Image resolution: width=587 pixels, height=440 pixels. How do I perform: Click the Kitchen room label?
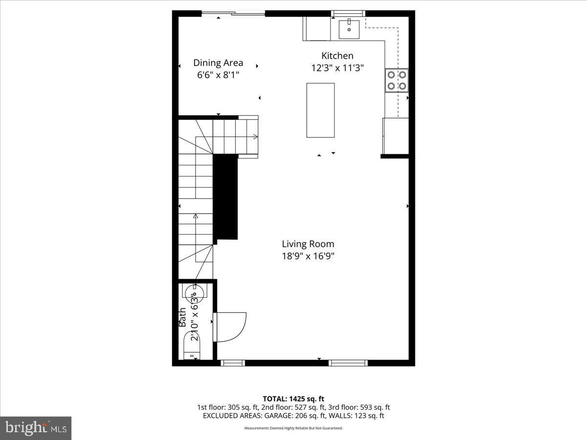click(x=337, y=56)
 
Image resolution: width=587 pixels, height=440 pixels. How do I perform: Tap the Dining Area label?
click(x=218, y=63)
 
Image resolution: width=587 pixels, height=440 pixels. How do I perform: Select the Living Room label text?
click(x=308, y=243)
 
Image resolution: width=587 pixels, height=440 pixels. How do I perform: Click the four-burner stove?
click(x=396, y=81)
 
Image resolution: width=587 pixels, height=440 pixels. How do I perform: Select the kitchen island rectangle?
click(x=320, y=110)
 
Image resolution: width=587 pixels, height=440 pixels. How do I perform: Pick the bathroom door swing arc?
click(x=231, y=326)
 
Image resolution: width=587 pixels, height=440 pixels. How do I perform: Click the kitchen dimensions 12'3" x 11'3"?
click(x=337, y=68)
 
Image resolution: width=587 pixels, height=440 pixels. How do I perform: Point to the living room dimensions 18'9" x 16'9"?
click(x=308, y=256)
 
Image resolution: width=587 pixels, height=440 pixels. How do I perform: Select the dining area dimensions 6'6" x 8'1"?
click(x=218, y=75)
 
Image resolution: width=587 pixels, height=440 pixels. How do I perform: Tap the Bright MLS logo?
click(x=36, y=428)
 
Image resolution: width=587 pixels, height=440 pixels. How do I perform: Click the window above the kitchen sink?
click(x=348, y=13)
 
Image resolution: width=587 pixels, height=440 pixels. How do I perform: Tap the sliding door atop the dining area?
click(x=234, y=14)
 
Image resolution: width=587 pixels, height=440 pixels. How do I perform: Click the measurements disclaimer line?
click(x=293, y=428)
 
